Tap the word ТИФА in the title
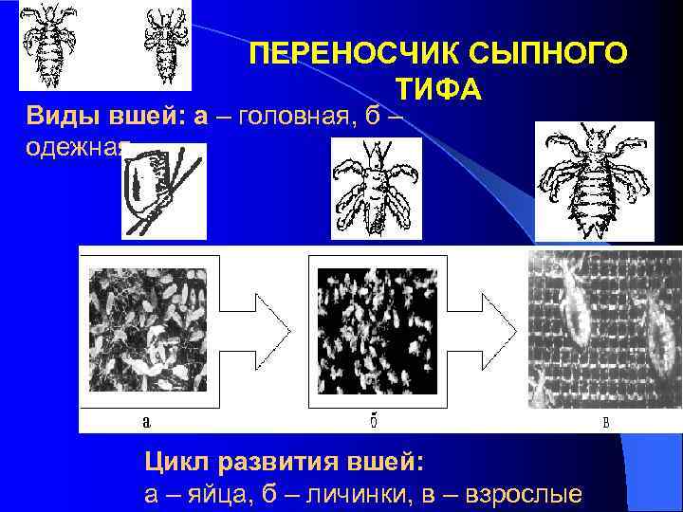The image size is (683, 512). pyautogui.click(x=438, y=89)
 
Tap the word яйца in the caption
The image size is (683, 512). pyautogui.click(x=205, y=495)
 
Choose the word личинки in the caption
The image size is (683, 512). pyautogui.click(x=342, y=495)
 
